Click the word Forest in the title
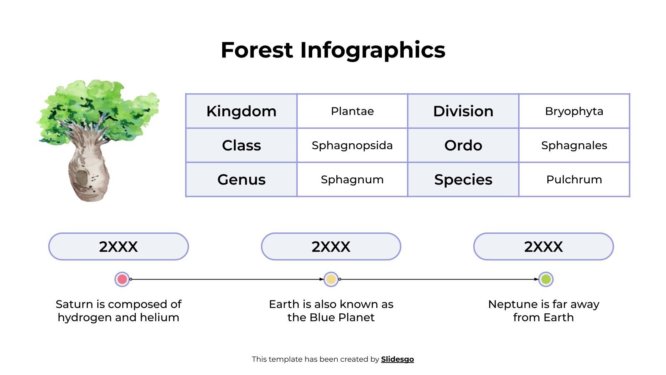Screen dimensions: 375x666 pyautogui.click(x=257, y=50)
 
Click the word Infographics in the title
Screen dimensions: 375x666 pyautogui.click(x=373, y=51)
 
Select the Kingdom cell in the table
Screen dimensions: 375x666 pyautogui.click(x=241, y=111)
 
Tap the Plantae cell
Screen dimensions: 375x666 pyautogui.click(x=352, y=111)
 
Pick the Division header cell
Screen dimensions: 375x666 pyautogui.click(x=463, y=111)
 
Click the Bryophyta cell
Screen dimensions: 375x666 pyautogui.click(x=574, y=111)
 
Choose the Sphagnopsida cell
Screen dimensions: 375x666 pyautogui.click(x=352, y=145)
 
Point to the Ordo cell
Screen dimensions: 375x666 pyautogui.click(x=463, y=145)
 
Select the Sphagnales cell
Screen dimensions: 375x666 pyautogui.click(x=574, y=145)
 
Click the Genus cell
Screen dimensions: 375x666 pyautogui.click(x=241, y=180)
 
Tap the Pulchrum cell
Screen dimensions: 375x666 pyautogui.click(x=574, y=180)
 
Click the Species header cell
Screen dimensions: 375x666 pyautogui.click(x=463, y=180)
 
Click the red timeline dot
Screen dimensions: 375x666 pyautogui.click(x=122, y=279)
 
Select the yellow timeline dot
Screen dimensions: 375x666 pyautogui.click(x=331, y=279)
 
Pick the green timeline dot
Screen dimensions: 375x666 pyautogui.click(x=546, y=279)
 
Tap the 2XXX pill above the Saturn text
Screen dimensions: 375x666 pyautogui.click(x=119, y=247)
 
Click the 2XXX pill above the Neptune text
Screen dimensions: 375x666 pyautogui.click(x=543, y=247)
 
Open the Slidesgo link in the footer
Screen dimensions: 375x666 pyautogui.click(x=397, y=359)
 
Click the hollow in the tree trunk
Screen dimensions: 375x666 pyautogui.click(x=82, y=178)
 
